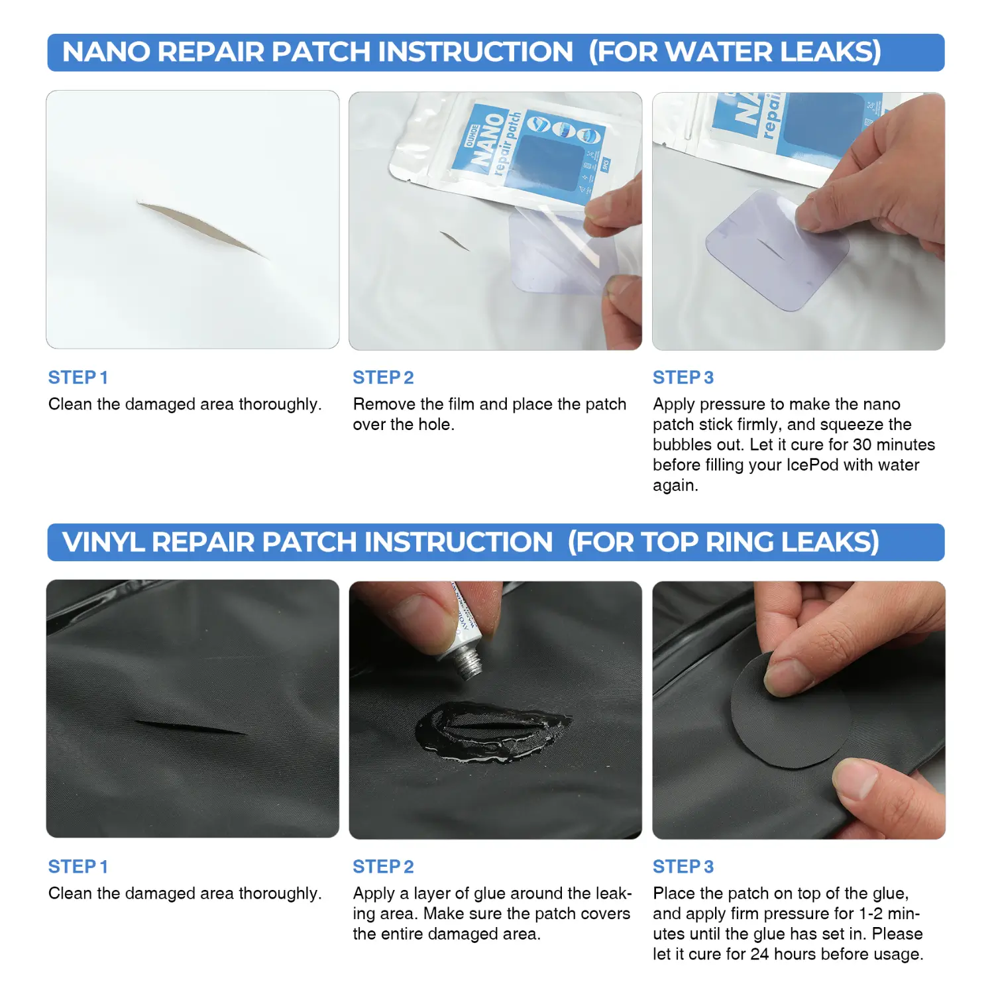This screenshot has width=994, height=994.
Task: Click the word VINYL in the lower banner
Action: pos(103,542)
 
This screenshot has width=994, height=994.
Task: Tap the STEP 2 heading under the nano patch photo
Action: pos(383,378)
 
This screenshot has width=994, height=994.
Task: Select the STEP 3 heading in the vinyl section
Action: pos(683,867)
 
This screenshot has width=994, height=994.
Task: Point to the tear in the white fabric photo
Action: pos(202,229)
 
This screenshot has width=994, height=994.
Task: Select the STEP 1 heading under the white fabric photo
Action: pos(78,378)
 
